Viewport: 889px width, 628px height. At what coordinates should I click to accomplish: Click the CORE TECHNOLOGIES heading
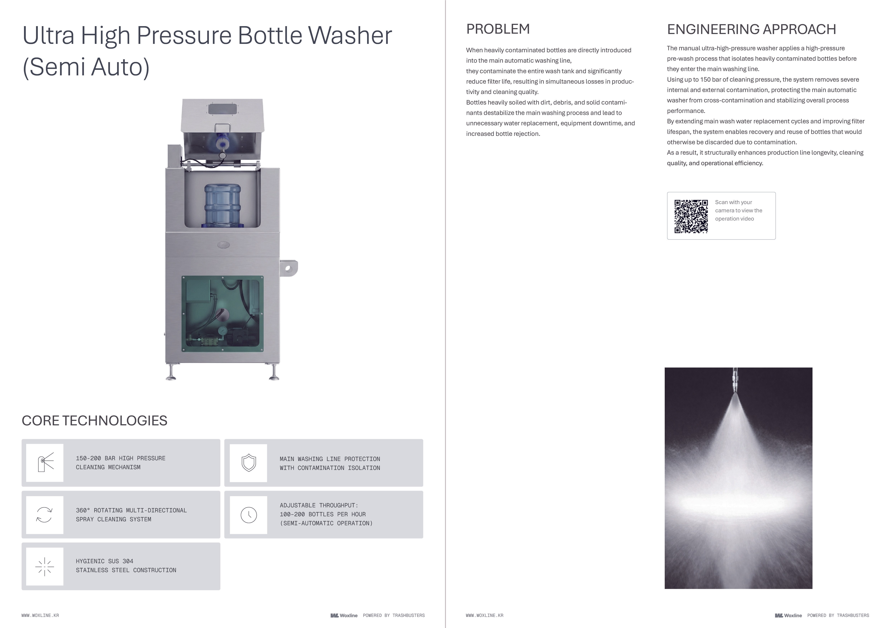[x=94, y=421]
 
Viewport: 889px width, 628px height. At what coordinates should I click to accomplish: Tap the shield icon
[x=248, y=463]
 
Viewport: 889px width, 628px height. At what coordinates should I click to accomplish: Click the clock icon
[x=248, y=515]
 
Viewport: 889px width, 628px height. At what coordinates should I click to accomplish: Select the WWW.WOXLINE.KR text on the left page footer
[x=40, y=615]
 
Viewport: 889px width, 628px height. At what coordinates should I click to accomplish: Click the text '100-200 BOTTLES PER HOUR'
[x=322, y=514]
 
